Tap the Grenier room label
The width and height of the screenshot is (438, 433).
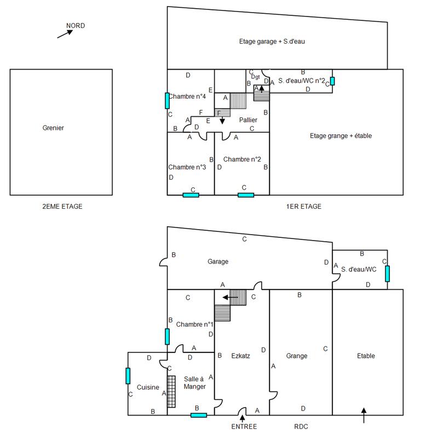click(x=53, y=128)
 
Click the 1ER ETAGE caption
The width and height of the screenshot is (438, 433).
click(x=303, y=207)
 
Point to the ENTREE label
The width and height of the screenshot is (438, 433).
click(x=243, y=426)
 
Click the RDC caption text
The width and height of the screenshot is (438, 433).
click(x=302, y=426)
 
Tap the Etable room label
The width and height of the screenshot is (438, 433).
click(x=366, y=356)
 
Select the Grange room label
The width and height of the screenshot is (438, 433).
click(x=297, y=356)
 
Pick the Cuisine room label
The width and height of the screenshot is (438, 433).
click(x=147, y=386)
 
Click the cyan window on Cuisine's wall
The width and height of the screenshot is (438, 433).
click(x=128, y=376)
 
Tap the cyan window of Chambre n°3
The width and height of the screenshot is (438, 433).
click(x=191, y=195)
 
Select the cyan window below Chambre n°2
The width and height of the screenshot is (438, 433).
click(x=246, y=195)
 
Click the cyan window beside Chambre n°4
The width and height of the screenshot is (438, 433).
click(x=167, y=100)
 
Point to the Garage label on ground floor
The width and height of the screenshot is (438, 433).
click(x=217, y=261)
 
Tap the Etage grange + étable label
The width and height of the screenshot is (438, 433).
click(x=333, y=135)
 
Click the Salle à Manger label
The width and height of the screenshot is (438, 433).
click(x=194, y=383)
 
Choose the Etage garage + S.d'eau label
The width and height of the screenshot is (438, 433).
click(x=272, y=41)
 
